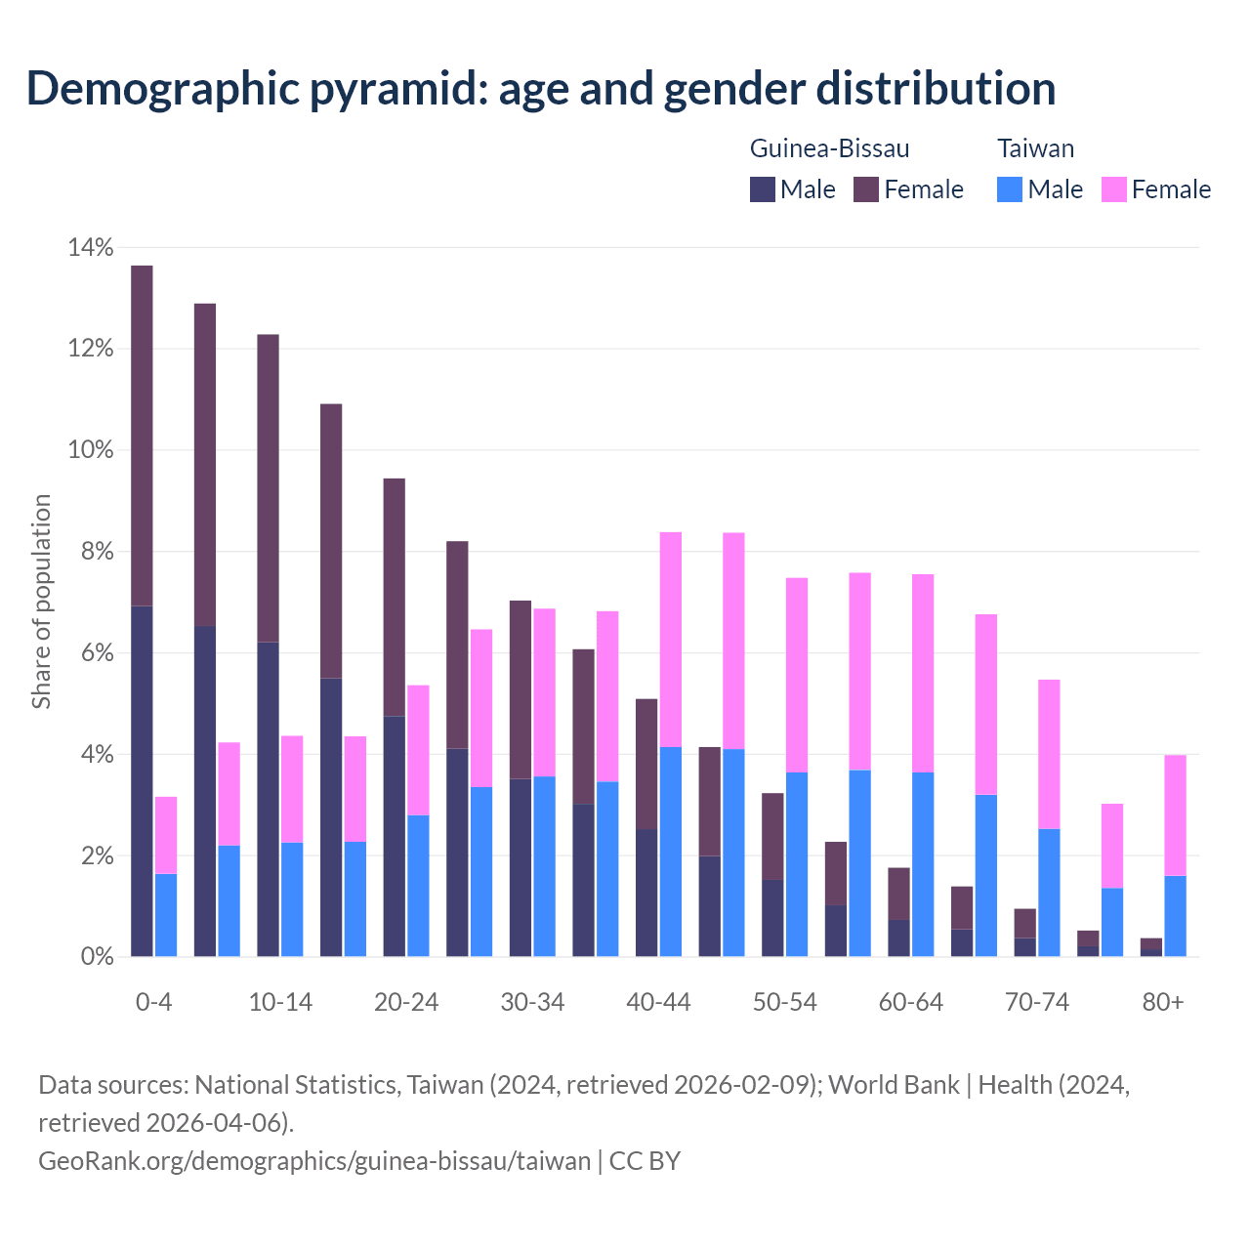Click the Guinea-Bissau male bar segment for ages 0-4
click(142, 781)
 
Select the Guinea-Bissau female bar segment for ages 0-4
click(142, 436)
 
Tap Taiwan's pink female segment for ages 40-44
click(671, 640)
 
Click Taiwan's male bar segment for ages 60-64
click(923, 864)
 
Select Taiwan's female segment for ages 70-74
click(1049, 754)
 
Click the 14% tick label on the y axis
click(91, 248)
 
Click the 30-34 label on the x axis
click(532, 1003)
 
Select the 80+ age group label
click(1163, 1003)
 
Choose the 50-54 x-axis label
click(785, 1003)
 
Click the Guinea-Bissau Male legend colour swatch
click(763, 189)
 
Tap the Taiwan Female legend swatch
click(1114, 189)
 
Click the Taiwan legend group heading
click(1035, 148)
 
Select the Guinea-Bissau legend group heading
click(829, 148)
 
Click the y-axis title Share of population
click(41, 601)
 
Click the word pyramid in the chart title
click(396, 88)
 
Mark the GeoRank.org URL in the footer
click(314, 1160)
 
